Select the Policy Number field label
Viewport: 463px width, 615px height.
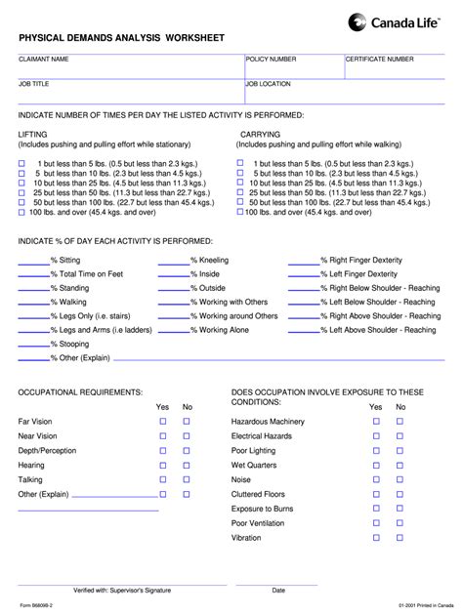(272, 60)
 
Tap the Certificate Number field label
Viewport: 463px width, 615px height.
(380, 60)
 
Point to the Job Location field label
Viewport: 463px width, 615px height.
(268, 84)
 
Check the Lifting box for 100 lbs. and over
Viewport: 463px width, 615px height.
(22, 211)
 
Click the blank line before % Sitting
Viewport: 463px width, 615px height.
(34, 261)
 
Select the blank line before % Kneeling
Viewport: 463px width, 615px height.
(172, 261)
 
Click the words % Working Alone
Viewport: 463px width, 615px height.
(220, 330)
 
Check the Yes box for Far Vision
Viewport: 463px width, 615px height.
(163, 421)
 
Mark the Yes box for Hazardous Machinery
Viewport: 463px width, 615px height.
(376, 421)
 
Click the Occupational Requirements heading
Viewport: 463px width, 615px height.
(81, 391)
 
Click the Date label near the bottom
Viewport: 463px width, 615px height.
(278, 590)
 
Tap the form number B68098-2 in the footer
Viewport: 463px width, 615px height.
(37, 607)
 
